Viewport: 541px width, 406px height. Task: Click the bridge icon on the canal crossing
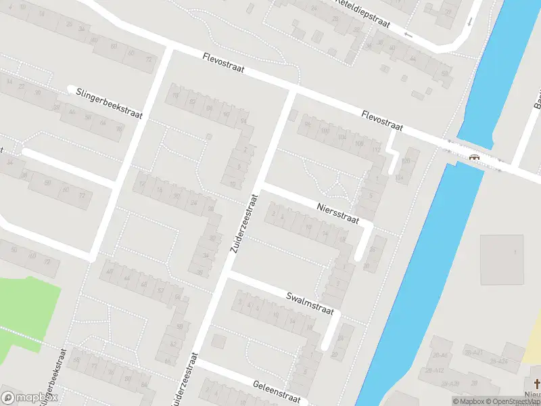click(475, 157)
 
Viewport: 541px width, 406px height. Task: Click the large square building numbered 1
click(502, 259)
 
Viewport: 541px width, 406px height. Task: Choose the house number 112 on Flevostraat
click(377, 150)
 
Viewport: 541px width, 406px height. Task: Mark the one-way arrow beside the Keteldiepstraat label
click(408, 34)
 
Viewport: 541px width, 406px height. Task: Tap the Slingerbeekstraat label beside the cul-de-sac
click(110, 102)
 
